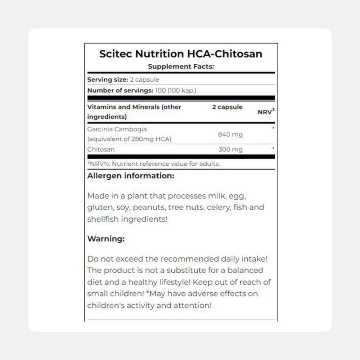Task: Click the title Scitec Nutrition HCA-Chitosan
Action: tap(181, 54)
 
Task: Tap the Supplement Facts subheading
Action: tap(181, 67)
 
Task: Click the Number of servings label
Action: tap(120, 90)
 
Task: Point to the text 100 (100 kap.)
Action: tap(176, 90)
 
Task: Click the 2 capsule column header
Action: tap(227, 107)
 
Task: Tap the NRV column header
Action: tap(266, 112)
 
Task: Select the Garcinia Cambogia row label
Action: tap(112, 129)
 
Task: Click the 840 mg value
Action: tap(230, 135)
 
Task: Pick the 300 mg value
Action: tap(230, 149)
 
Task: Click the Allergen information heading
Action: tap(131, 176)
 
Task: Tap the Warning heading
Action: tap(106, 239)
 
